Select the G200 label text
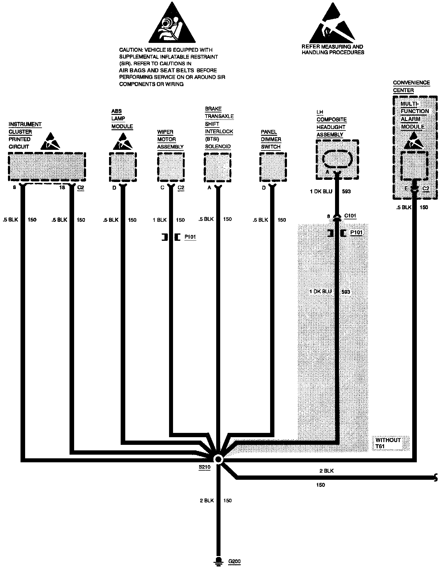(235, 561)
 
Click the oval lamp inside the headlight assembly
(338, 159)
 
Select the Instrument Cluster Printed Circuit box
(47, 167)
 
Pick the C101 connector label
(350, 216)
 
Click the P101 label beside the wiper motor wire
(190, 237)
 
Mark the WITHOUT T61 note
(388, 443)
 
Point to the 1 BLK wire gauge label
(160, 220)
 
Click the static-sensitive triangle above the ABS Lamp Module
(123, 142)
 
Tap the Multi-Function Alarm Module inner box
(414, 165)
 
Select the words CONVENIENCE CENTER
(411, 86)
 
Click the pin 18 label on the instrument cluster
(62, 187)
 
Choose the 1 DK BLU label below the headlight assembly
(321, 191)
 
